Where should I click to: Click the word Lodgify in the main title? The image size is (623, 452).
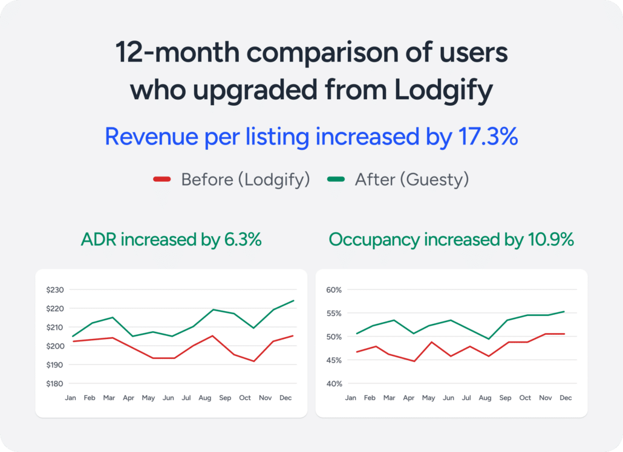tap(443, 90)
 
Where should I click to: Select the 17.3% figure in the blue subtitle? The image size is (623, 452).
tap(485, 137)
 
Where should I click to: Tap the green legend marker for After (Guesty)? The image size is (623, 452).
tap(336, 179)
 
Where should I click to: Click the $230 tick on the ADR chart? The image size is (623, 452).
tap(54, 290)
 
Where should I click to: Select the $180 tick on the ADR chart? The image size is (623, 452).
tap(54, 384)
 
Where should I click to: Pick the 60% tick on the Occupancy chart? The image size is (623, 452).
tap(334, 290)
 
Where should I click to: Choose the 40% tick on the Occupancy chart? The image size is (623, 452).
tap(334, 384)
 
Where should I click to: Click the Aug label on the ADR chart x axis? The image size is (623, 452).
tap(205, 398)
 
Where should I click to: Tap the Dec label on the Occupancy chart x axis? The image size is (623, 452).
tap(565, 398)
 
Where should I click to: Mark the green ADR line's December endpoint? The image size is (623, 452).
tap(293, 300)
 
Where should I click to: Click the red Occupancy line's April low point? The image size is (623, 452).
tap(414, 361)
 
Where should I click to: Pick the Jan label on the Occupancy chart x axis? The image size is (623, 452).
tap(350, 398)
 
